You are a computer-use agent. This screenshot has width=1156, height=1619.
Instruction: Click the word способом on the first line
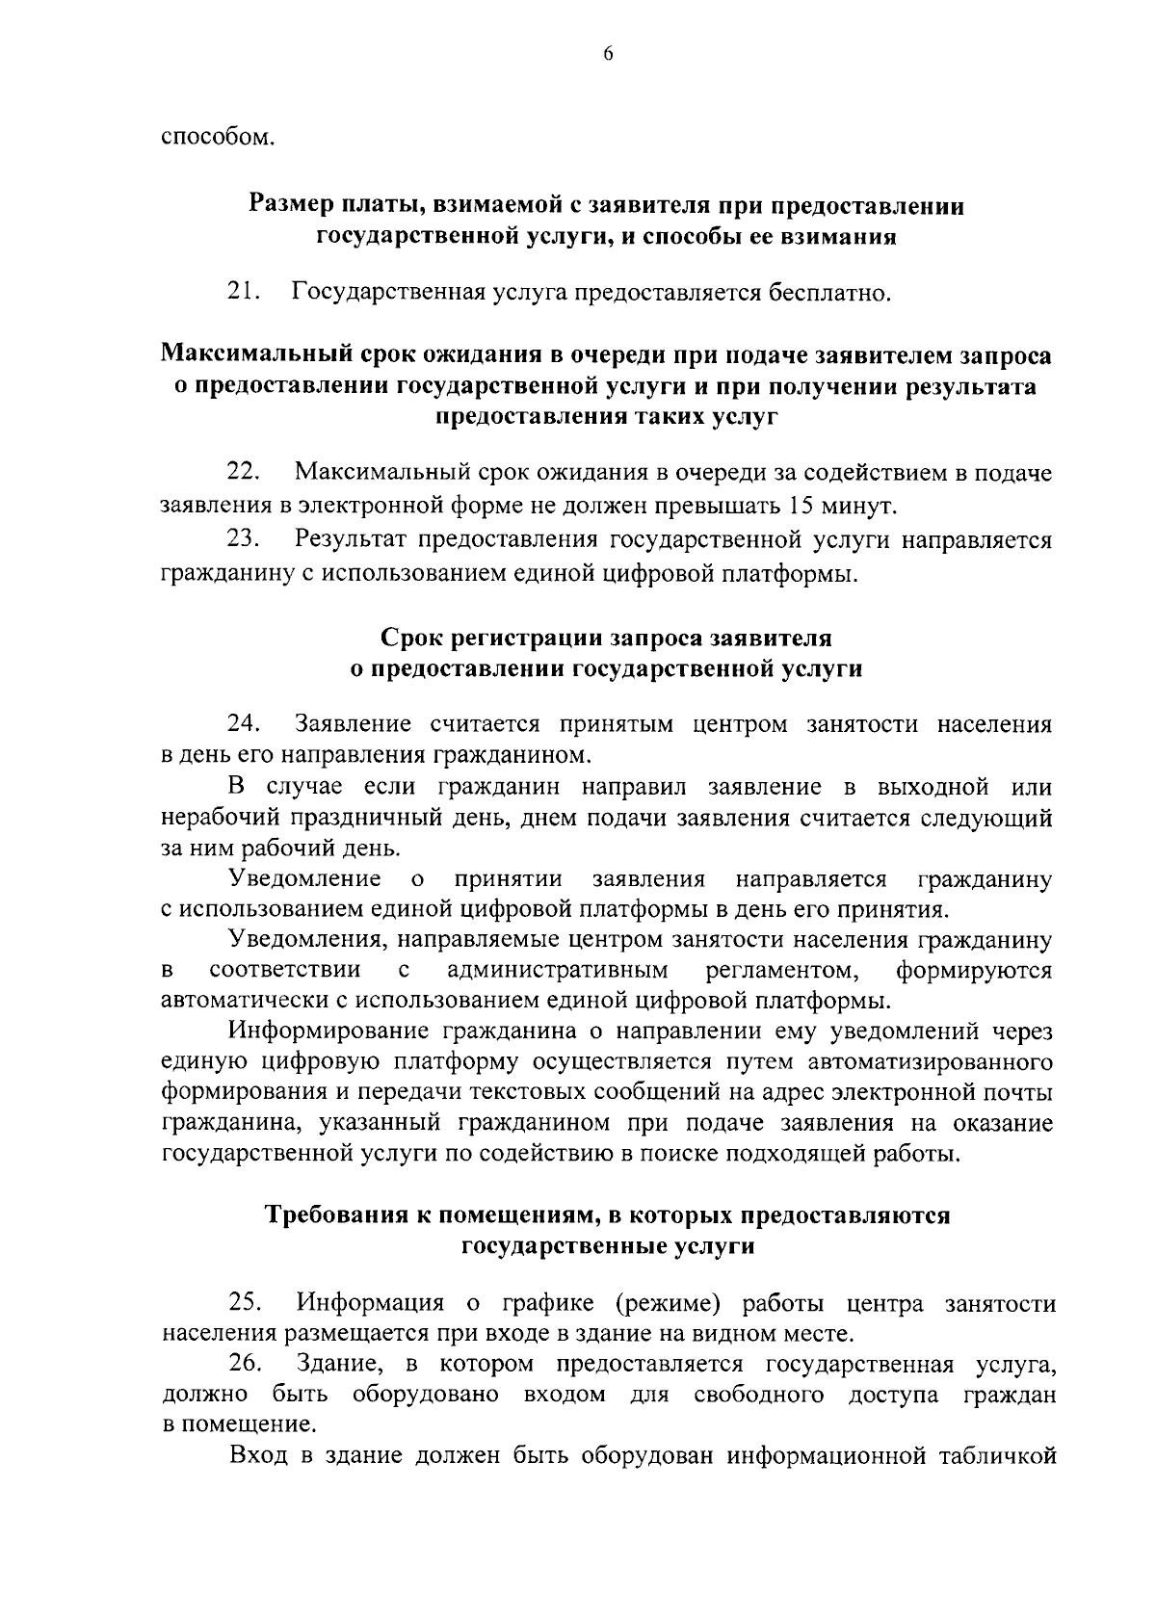coord(217,137)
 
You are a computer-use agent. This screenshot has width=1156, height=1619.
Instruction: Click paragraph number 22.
coord(244,473)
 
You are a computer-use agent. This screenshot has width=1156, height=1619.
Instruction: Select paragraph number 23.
coord(244,540)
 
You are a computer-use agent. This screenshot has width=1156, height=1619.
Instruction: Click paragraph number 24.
coord(244,723)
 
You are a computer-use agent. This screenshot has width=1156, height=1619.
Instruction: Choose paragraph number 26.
coord(246,1365)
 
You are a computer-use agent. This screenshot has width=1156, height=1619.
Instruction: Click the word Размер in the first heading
coord(289,205)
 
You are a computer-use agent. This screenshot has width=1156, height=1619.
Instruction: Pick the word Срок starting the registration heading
coord(411,638)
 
